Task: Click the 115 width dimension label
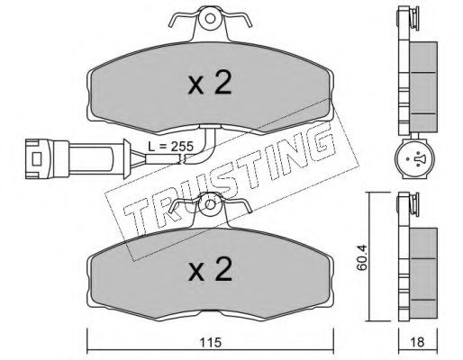tap(211, 343)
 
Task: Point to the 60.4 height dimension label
tap(362, 257)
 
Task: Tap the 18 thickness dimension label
tap(417, 343)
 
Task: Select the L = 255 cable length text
tap(170, 147)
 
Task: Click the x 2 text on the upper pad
tap(210, 84)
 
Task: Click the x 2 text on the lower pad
tap(210, 269)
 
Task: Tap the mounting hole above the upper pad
tap(210, 19)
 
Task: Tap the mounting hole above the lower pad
tap(210, 204)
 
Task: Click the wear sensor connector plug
tap(77, 158)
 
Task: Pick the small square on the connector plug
tap(37, 158)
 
